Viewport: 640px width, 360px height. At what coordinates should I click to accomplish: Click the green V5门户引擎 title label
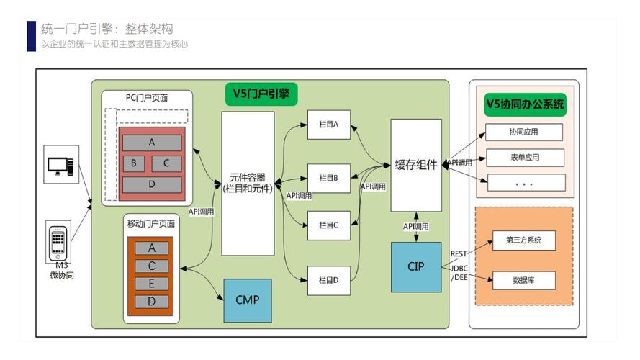[261, 92]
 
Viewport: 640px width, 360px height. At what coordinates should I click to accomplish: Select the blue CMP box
[247, 300]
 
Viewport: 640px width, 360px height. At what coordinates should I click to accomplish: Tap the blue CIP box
[415, 266]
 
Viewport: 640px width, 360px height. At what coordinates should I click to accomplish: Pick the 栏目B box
[328, 177]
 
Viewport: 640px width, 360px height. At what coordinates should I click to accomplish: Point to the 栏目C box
[328, 225]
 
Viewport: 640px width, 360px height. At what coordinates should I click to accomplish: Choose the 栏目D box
[328, 279]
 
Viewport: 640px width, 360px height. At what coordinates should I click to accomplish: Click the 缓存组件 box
[415, 165]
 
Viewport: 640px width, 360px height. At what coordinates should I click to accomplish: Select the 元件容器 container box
[247, 183]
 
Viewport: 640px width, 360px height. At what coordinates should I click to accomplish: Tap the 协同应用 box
[524, 132]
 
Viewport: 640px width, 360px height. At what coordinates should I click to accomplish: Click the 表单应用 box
[524, 157]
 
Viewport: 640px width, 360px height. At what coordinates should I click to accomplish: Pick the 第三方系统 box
[524, 240]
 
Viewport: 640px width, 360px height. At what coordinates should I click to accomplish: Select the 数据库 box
[524, 279]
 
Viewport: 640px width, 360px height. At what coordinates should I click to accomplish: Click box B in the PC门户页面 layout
[133, 163]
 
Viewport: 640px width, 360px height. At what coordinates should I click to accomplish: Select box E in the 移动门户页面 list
[151, 284]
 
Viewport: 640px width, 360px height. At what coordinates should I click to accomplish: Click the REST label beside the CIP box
[458, 253]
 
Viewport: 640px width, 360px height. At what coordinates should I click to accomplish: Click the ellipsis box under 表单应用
[524, 182]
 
